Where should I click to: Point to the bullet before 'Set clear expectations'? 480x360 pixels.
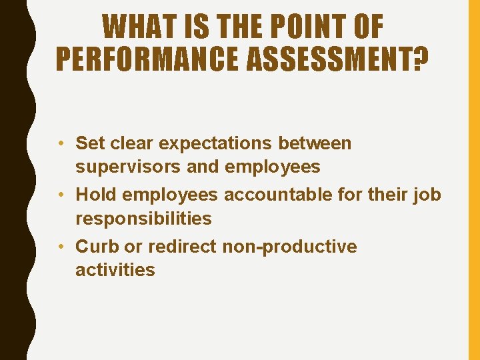pyautogui.click(x=61, y=143)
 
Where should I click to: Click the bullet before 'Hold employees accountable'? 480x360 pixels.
pyautogui.click(x=61, y=194)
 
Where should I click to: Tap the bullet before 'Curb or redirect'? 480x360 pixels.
pyautogui.click(x=61, y=246)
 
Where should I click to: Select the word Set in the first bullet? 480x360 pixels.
pyautogui.click(x=89, y=143)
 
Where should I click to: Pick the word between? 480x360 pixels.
pyautogui.click(x=315, y=143)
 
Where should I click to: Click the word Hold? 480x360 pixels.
pyautogui.click(x=93, y=194)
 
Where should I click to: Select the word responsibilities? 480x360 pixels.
pyautogui.click(x=143, y=218)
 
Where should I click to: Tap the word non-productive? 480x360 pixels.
pyautogui.click(x=289, y=247)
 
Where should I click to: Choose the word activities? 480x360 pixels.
pyautogui.click(x=115, y=269)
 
